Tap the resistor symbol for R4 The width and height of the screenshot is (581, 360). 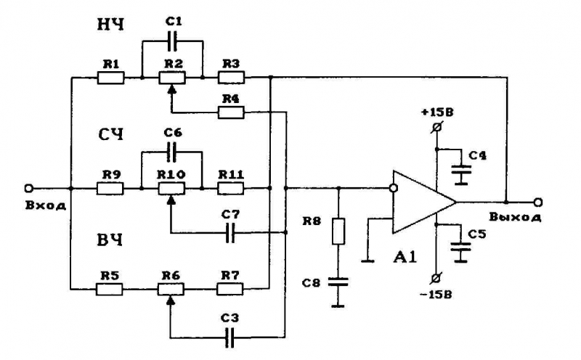coord(231,112)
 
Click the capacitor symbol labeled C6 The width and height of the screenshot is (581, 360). coord(172,152)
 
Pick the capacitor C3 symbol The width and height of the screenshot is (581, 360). coord(231,335)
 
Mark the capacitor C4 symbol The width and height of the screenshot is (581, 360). coord(459,172)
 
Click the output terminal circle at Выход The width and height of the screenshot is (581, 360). coord(538,202)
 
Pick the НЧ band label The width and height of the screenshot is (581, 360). coord(111,25)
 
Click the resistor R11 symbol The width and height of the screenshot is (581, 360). coord(231,188)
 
